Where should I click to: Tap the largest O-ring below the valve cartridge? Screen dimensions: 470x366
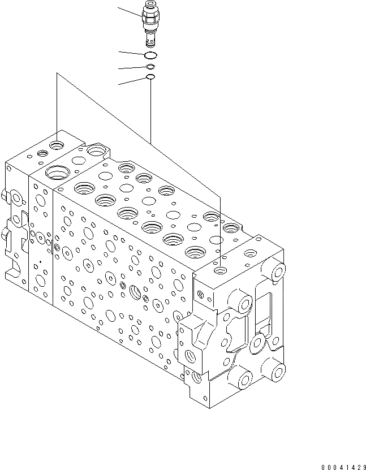tap(150, 55)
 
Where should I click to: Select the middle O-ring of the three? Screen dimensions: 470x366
tap(150, 67)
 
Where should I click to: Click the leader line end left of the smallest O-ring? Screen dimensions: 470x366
tap(119, 85)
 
